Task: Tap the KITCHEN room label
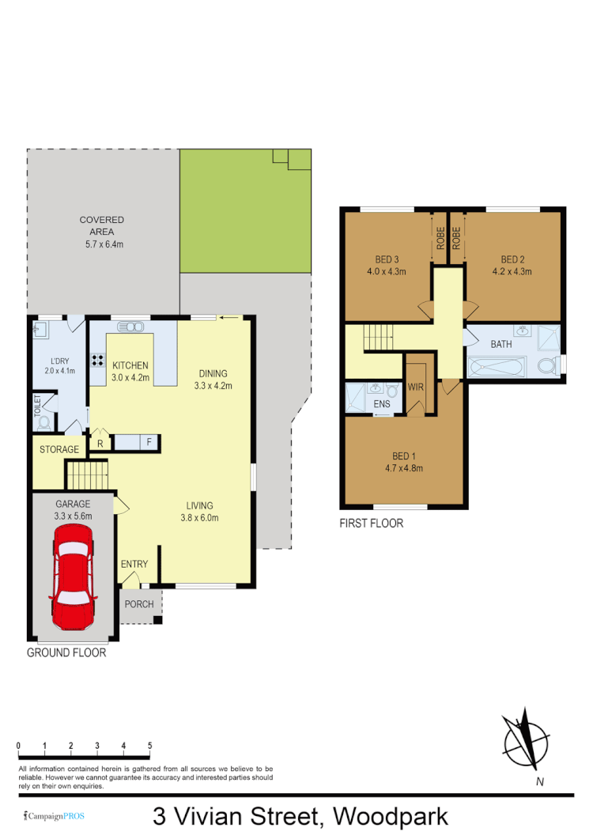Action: (130, 365)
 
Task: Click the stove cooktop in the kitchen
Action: (99, 360)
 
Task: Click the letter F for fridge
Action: (148, 443)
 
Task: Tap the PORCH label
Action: (138, 604)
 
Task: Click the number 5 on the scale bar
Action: (149, 746)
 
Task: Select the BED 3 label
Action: (386, 259)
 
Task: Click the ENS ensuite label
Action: (382, 404)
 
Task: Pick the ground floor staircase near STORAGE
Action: (85, 475)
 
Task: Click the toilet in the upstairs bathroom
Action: (546, 366)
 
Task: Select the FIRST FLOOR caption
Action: (371, 523)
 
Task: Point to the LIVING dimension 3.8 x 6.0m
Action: (199, 518)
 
